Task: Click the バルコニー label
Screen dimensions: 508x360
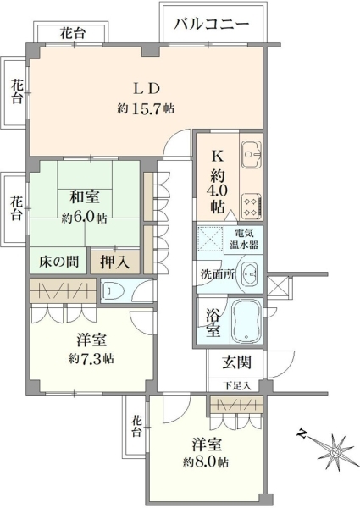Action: click(211, 24)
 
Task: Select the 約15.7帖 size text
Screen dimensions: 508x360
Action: click(147, 108)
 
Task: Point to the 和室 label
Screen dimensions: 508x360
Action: click(84, 197)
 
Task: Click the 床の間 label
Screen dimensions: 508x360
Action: click(56, 261)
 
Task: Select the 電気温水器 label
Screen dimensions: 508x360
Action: click(245, 239)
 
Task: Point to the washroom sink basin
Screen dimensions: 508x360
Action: click(246, 273)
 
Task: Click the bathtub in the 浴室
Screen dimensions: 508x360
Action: click(246, 321)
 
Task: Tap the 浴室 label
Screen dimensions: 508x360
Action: click(213, 322)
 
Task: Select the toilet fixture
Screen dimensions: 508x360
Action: click(115, 291)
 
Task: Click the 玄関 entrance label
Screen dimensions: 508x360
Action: click(235, 364)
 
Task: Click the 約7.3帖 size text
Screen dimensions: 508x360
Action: click(91, 358)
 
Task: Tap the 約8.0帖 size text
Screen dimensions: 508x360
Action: click(207, 462)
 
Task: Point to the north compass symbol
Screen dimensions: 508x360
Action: click(336, 448)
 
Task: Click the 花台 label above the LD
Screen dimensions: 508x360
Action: click(72, 34)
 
